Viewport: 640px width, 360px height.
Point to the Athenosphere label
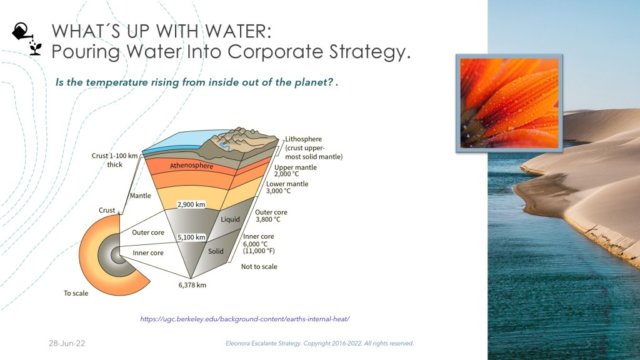click(191, 165)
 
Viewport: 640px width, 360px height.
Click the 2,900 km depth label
click(191, 204)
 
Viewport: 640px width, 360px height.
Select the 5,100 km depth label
click(191, 237)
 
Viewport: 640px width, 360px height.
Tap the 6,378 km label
click(192, 285)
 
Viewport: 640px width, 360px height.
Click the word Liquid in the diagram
click(230, 219)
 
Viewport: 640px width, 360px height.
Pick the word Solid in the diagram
click(216, 251)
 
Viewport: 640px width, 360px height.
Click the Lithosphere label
click(303, 139)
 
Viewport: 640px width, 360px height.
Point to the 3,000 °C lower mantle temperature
click(278, 191)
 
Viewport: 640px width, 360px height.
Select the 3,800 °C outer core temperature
click(268, 219)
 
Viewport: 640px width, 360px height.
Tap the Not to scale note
click(259, 266)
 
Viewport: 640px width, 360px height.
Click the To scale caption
click(76, 293)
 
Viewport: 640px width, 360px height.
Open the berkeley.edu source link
click(245, 319)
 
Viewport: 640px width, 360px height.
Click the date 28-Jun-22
click(67, 343)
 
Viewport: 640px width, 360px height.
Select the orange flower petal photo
click(509, 103)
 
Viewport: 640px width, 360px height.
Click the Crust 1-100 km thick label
click(115, 160)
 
